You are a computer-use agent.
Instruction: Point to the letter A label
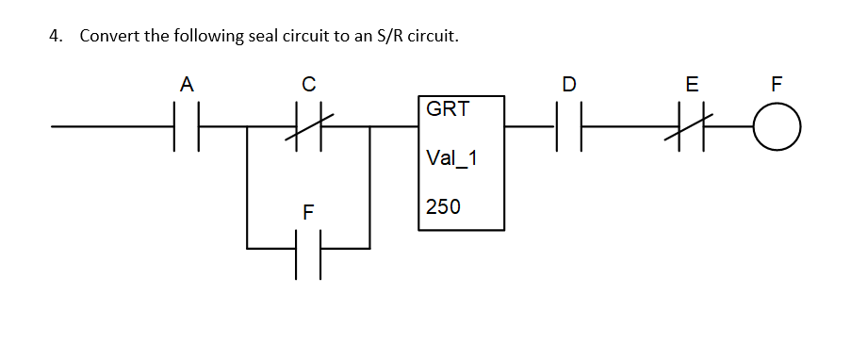pos(187,85)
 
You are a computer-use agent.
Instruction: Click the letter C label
pos(308,85)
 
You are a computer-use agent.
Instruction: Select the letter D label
pos(568,85)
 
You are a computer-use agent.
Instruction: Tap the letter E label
pos(692,85)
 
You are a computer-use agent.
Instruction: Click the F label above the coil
pos(776,85)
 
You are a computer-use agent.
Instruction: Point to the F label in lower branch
pos(307,212)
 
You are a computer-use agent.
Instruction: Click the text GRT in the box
pos(448,109)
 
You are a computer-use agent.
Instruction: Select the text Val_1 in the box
pos(452,158)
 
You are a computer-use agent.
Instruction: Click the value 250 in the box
pos(443,206)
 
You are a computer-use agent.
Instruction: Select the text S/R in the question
pos(394,37)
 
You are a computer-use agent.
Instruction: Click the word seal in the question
pos(265,37)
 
